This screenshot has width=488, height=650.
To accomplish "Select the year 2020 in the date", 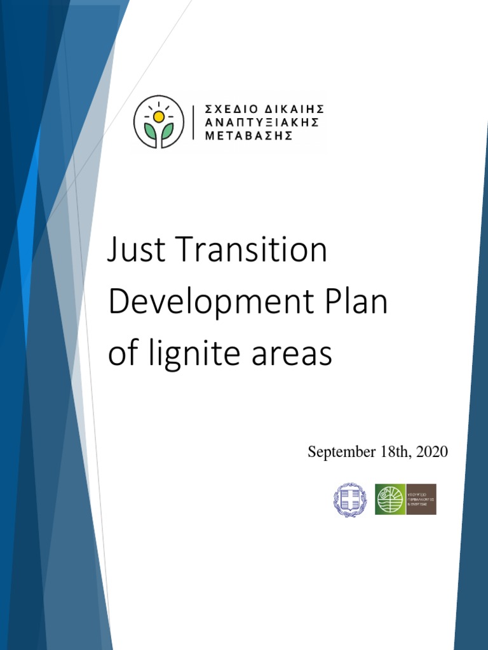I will (x=432, y=453).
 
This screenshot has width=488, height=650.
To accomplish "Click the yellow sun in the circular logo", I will (x=158, y=117).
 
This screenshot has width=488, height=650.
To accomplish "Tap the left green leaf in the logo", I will (x=151, y=131).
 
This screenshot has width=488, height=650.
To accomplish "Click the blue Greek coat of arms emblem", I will (x=350, y=500).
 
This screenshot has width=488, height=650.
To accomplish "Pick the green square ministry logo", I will (x=390, y=500).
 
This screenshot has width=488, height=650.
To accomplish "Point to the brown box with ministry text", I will (x=421, y=500).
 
